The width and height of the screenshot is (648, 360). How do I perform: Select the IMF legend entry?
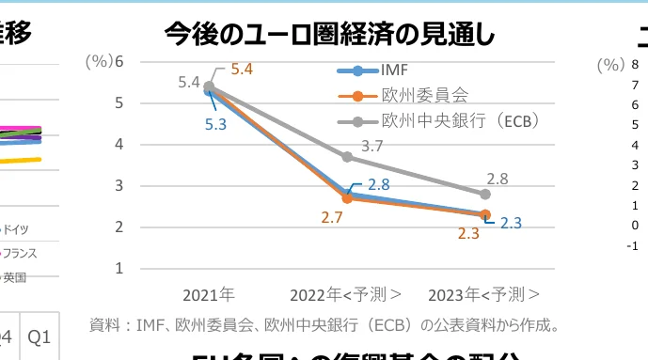[394, 70]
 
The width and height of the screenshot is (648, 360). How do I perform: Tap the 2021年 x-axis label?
[209, 294]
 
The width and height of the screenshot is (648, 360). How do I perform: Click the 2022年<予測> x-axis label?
[347, 294]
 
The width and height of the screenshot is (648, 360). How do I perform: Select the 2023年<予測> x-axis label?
[484, 294]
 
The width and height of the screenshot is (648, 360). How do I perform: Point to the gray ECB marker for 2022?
[347, 157]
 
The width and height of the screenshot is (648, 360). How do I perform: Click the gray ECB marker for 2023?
[485, 194]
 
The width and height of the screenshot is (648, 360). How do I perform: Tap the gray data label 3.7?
[372, 146]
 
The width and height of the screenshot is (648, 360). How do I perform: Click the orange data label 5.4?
[243, 69]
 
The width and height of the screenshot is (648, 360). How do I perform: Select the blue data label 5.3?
[215, 124]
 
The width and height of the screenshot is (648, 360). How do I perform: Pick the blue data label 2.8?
[379, 185]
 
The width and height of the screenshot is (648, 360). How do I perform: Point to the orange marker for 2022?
[347, 198]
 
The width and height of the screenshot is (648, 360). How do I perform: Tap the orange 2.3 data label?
[468, 234]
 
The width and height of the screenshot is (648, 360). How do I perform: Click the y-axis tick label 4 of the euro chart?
[119, 144]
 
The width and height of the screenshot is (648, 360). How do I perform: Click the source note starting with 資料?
[325, 326]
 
